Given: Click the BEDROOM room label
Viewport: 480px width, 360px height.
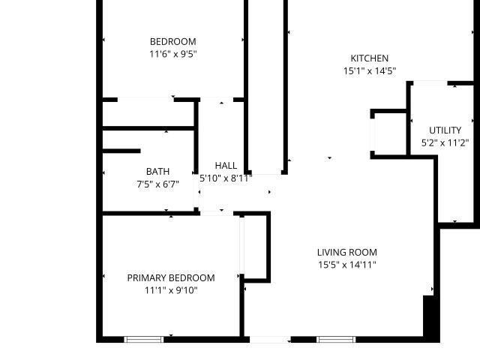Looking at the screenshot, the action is pyautogui.click(x=173, y=42).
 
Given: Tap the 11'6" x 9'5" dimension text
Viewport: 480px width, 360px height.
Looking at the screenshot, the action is pyautogui.click(x=173, y=54).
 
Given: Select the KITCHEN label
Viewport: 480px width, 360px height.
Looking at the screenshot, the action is pyautogui.click(x=370, y=58).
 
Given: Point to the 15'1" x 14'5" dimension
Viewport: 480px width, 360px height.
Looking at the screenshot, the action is pyautogui.click(x=370, y=71).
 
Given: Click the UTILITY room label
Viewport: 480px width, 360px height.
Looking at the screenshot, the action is pyautogui.click(x=445, y=130).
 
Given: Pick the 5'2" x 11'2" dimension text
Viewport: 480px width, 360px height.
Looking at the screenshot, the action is pyautogui.click(x=445, y=143).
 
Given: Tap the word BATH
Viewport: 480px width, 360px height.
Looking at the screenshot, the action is pyautogui.click(x=157, y=172).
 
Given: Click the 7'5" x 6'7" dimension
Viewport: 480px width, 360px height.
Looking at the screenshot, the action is pyautogui.click(x=157, y=184).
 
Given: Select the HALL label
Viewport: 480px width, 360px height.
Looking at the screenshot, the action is pyautogui.click(x=226, y=166).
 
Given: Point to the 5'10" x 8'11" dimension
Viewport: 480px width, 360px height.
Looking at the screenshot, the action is pyautogui.click(x=226, y=178).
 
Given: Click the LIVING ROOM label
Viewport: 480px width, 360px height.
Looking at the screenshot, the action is pyautogui.click(x=346, y=253).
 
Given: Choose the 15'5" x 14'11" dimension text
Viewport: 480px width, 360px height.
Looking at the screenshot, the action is pyautogui.click(x=346, y=265).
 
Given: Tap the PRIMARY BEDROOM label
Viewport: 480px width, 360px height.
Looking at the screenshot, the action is pyautogui.click(x=171, y=278).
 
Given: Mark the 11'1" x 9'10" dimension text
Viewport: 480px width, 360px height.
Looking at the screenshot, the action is pyautogui.click(x=171, y=290).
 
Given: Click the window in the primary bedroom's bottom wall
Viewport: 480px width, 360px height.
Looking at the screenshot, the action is pyautogui.click(x=144, y=339).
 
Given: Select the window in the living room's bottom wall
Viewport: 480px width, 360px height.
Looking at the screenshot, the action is pyautogui.click(x=336, y=339).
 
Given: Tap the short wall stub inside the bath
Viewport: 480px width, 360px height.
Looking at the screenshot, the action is pyautogui.click(x=121, y=151).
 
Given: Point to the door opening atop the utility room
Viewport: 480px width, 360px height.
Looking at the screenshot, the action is pyautogui.click(x=430, y=83).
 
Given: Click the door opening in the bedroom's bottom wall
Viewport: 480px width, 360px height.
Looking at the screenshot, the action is pyautogui.click(x=145, y=100).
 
